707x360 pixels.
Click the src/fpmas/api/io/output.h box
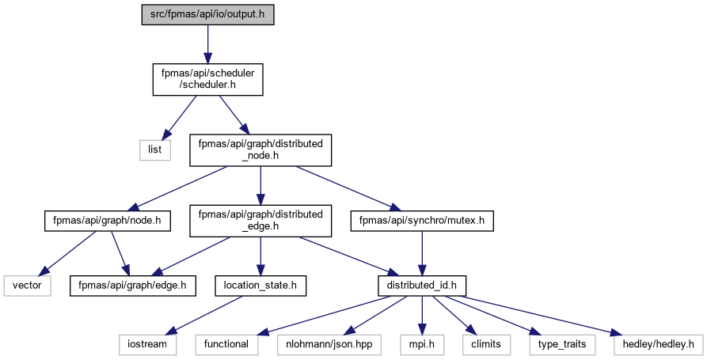coord(207,14)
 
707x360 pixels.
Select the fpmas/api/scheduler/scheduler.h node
coord(207,79)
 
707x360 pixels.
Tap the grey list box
coord(154,150)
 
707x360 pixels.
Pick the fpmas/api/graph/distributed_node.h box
coord(260,150)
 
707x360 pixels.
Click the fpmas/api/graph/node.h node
coord(108,221)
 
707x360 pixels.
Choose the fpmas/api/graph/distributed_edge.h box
coord(260,221)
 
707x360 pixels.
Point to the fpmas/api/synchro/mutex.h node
coord(422,221)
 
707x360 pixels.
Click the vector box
coord(27,286)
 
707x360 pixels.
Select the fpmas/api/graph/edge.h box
coord(132,286)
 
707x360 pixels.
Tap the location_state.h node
coord(260,286)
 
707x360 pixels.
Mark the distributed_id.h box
coord(422,286)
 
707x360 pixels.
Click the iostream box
coord(147,345)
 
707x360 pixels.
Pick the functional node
coord(226,345)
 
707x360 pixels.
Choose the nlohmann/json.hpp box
coord(329,345)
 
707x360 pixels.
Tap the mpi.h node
coord(422,345)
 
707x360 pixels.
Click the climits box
coord(486,345)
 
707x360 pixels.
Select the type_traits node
coord(562,345)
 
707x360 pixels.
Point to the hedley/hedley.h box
coord(658,345)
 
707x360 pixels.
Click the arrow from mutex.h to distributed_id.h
coord(422,254)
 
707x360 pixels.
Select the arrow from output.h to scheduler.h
coord(207,44)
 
